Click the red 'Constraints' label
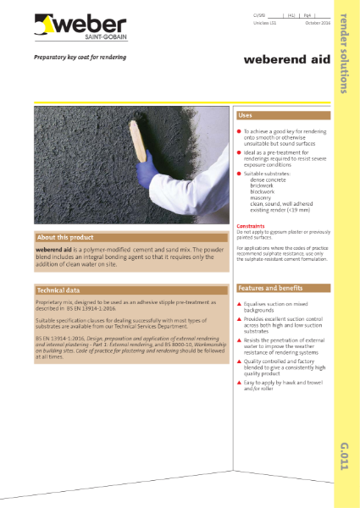pos(253,227)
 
